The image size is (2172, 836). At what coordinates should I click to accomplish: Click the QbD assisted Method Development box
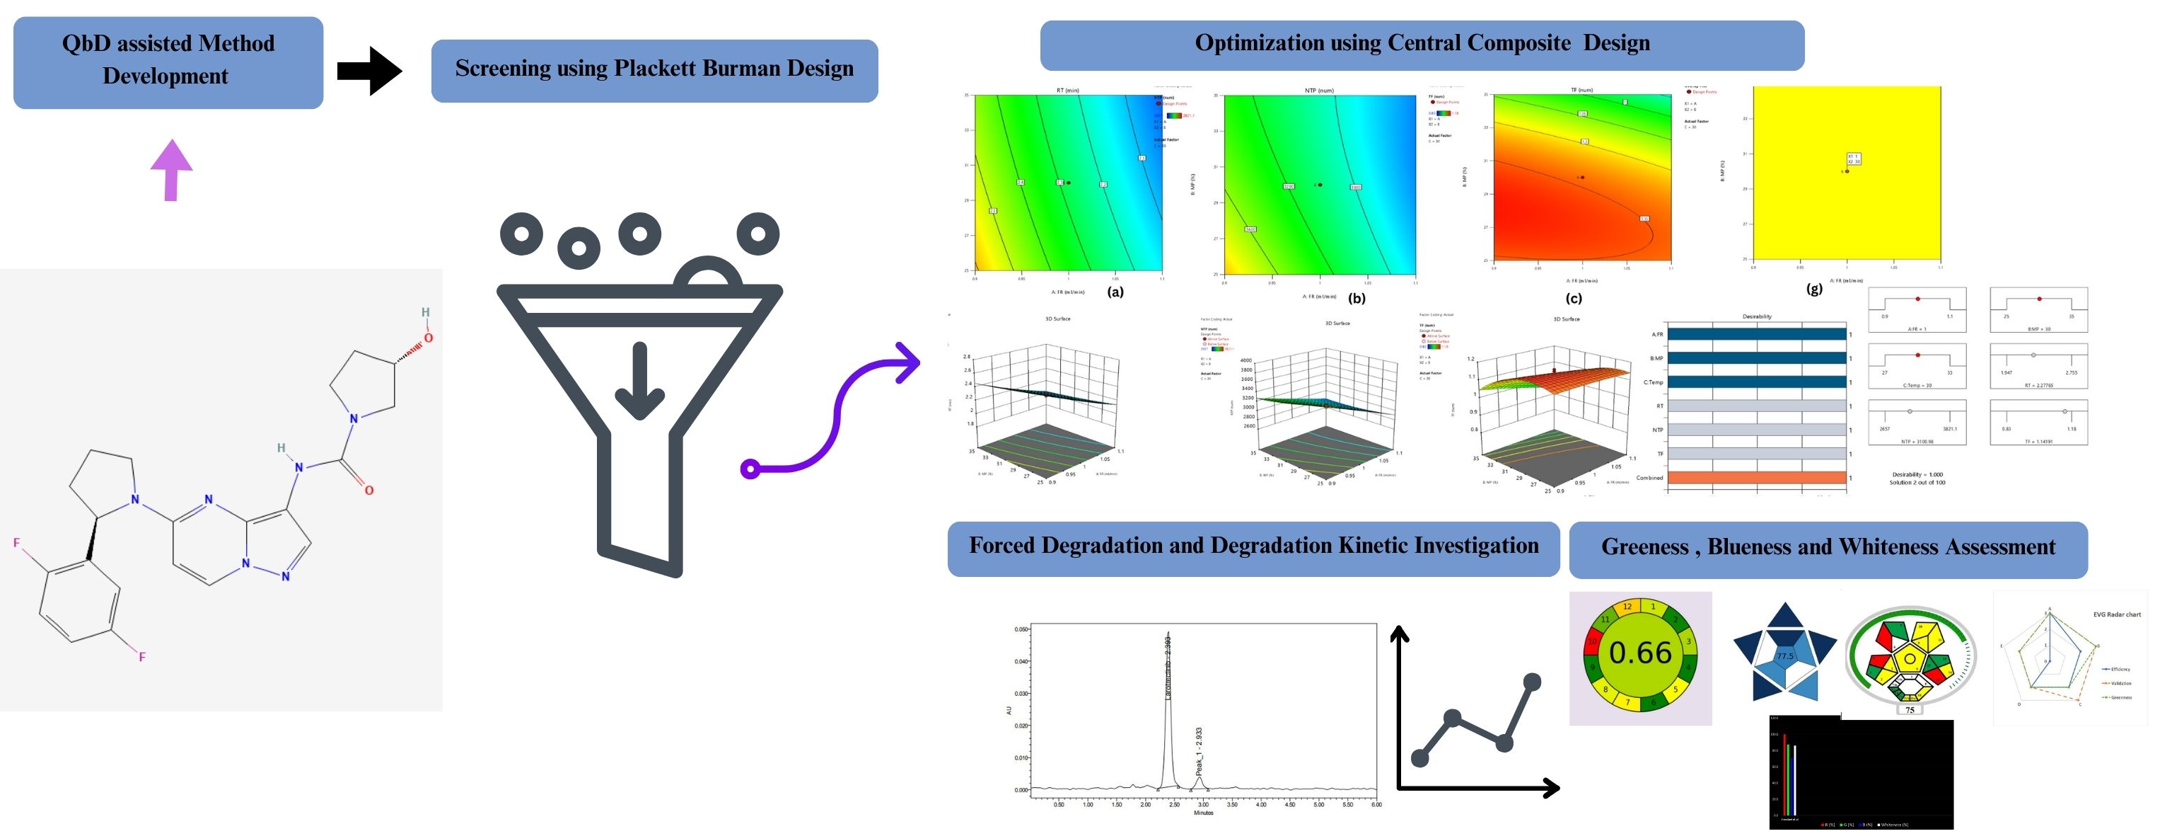[168, 61]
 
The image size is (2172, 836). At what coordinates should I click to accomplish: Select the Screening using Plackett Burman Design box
[654, 69]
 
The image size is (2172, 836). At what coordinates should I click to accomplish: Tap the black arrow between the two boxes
[369, 71]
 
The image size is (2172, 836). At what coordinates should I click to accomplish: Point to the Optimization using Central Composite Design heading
[1422, 44]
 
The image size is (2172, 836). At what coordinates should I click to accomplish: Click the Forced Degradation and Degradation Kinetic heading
[1253, 546]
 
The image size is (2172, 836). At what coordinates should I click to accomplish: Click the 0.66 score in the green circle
[1639, 653]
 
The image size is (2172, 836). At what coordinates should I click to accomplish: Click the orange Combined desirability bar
[1756, 478]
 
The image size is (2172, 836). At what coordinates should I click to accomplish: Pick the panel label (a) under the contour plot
[1115, 293]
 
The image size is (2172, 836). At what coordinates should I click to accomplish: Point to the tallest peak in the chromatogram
[1168, 641]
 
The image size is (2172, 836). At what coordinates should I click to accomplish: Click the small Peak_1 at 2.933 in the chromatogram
[1199, 779]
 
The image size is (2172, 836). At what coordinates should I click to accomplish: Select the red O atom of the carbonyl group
[368, 490]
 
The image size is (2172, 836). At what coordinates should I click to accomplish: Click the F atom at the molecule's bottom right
[141, 656]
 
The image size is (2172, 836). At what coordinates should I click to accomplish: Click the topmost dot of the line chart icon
[1532, 682]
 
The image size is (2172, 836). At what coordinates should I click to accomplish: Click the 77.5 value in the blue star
[1784, 655]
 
